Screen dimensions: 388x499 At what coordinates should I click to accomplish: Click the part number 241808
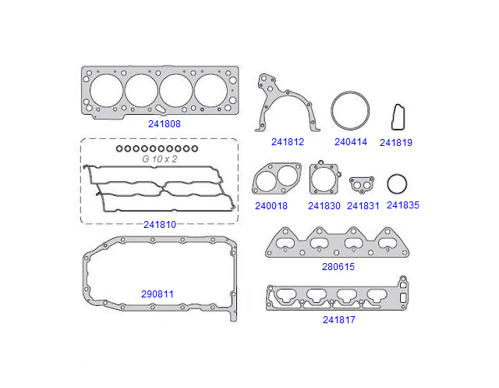point(165,123)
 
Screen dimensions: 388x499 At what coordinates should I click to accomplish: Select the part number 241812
point(288,142)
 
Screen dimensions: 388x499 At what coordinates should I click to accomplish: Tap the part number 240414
point(350,142)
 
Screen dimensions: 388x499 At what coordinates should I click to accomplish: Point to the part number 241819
point(396,143)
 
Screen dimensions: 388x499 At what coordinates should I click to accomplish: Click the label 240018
point(271,206)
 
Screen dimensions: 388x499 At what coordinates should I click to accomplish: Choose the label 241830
point(324,206)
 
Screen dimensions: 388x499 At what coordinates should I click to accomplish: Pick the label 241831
point(363,206)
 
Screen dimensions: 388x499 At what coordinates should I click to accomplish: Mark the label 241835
point(403,205)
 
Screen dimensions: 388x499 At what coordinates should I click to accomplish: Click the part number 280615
point(338,266)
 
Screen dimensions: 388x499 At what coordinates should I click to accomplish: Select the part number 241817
point(339,319)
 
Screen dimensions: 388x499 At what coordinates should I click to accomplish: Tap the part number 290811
point(157,294)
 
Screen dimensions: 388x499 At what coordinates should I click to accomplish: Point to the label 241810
point(159,224)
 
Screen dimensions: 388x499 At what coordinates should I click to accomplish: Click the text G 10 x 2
point(160,158)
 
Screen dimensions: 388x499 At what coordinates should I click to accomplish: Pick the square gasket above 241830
point(324,179)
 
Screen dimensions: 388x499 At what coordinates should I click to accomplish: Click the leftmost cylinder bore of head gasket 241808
point(106,91)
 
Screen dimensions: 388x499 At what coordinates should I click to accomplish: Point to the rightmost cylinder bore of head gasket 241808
point(211,90)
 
